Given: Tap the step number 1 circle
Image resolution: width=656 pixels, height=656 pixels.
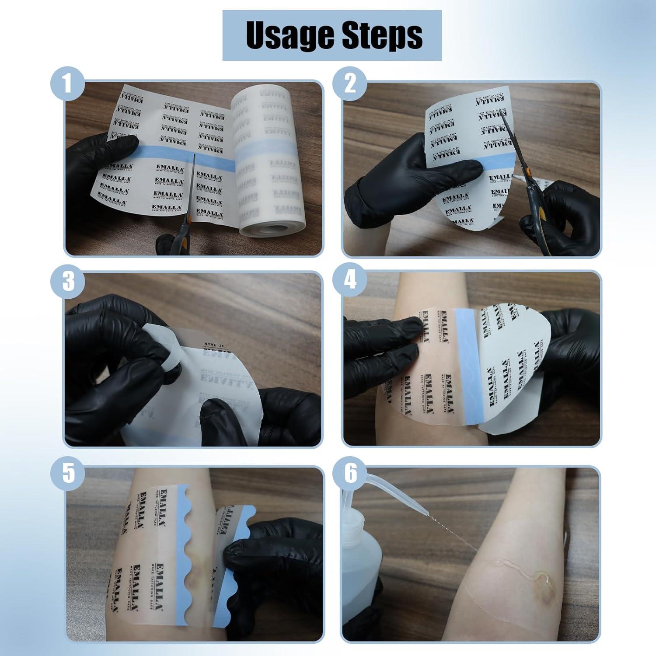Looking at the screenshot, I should (x=67, y=83).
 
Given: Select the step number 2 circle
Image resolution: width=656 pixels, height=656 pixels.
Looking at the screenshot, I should (x=350, y=83).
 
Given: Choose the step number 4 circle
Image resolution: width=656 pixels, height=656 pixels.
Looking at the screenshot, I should (x=350, y=280).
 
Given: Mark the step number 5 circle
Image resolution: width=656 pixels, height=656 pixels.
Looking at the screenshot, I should (x=68, y=474).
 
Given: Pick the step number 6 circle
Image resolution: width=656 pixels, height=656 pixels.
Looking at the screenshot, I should (x=350, y=474).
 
